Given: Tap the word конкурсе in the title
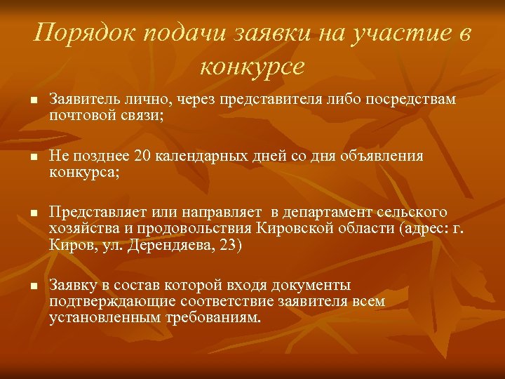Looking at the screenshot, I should [x=252, y=67].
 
